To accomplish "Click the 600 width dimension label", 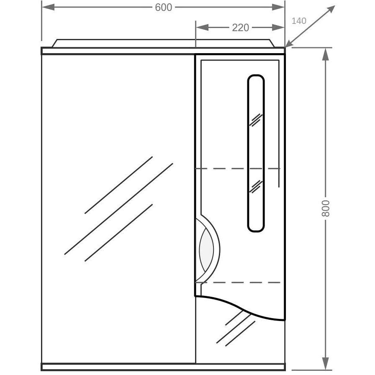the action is pyautogui.click(x=163, y=8).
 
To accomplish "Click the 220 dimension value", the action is pyautogui.click(x=240, y=28).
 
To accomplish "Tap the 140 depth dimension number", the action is pyautogui.click(x=299, y=21).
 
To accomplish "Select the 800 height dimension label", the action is pyautogui.click(x=326, y=208).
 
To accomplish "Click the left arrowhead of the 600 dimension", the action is pyautogui.click(x=48, y=7).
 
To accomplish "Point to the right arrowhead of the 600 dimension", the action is pyautogui.click(x=278, y=7).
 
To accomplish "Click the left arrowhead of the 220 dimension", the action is pyautogui.click(x=202, y=28).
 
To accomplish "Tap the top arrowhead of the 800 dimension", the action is pyautogui.click(x=325, y=54).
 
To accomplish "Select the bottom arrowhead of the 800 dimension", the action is pyautogui.click(x=325, y=364).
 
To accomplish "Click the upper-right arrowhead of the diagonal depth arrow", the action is pyautogui.click(x=331, y=10).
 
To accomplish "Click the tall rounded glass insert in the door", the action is pyautogui.click(x=256, y=153).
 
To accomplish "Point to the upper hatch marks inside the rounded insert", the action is pyautogui.click(x=256, y=120).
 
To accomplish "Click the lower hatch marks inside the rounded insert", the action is pyautogui.click(x=256, y=187).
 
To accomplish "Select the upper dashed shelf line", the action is pyautogui.click(x=238, y=169).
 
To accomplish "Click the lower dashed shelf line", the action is pyautogui.click(x=238, y=283).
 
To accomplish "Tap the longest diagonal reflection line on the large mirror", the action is pyautogui.click(x=118, y=209).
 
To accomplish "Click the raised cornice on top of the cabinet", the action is pyautogui.click(x=163, y=43).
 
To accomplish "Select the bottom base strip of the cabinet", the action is pyautogui.click(x=163, y=367).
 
